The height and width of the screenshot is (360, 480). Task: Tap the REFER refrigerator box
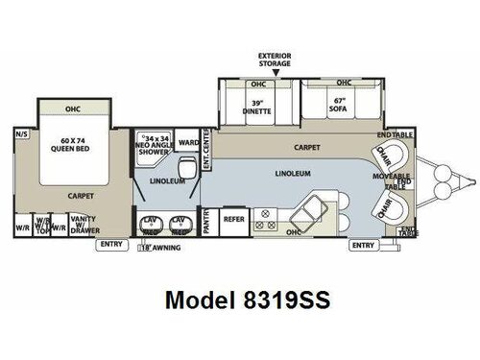click(x=233, y=219)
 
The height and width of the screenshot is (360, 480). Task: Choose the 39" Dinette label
click(x=257, y=107)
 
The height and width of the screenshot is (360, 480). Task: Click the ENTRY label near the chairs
click(x=362, y=245)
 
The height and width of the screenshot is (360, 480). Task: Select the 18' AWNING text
click(x=159, y=247)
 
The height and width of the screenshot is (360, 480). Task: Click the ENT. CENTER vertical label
click(x=206, y=146)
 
